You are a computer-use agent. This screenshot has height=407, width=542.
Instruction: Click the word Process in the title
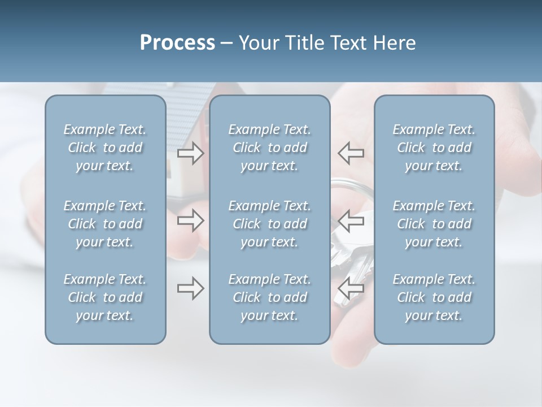177,43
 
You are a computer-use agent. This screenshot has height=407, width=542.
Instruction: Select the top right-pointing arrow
190,153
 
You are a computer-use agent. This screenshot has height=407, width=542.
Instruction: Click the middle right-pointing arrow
190,220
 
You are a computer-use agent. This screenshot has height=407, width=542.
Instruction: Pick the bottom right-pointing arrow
190,288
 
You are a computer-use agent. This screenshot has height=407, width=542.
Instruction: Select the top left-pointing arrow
351,153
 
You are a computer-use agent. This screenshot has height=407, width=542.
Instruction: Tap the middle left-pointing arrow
351,220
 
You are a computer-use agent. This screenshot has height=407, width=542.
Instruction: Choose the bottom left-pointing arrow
351,288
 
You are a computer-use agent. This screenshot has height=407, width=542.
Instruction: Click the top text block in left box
105,148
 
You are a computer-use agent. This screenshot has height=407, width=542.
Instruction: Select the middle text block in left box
105,224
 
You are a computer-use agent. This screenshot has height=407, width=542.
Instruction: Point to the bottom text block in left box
105,297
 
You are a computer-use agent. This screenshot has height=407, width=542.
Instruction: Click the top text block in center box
270,148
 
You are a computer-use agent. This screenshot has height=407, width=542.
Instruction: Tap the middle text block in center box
270,224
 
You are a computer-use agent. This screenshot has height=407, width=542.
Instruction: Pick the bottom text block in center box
270,297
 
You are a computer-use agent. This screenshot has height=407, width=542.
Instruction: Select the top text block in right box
434,148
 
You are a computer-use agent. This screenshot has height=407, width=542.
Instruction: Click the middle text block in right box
434,224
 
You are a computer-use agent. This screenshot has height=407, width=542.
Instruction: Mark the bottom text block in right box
434,297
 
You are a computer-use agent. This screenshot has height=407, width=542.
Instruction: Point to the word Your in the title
257,43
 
